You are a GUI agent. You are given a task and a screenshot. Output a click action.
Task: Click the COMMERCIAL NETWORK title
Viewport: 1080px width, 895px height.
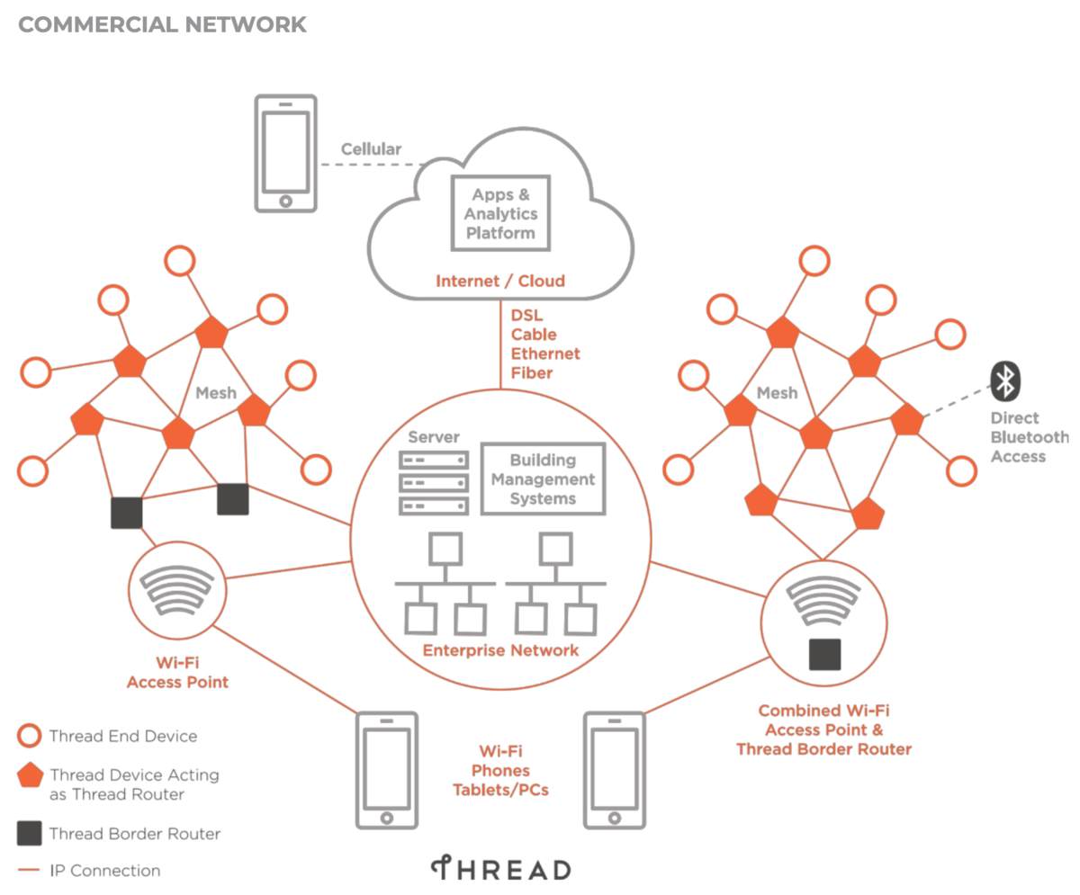pyautogui.click(x=162, y=24)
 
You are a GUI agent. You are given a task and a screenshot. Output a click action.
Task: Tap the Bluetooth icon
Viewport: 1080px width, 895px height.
pyautogui.click(x=1004, y=381)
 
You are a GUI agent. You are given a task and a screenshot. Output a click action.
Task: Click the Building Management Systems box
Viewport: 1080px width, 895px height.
pyautogui.click(x=543, y=478)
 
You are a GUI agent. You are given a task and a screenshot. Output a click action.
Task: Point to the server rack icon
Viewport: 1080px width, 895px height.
pyautogui.click(x=434, y=482)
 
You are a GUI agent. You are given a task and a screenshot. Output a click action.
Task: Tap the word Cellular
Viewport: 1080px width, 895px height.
pyautogui.click(x=371, y=149)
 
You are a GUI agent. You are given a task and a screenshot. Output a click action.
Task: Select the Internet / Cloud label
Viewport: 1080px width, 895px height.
pyautogui.click(x=500, y=281)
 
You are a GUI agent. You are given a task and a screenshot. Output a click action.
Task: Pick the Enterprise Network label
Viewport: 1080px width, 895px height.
pyautogui.click(x=501, y=649)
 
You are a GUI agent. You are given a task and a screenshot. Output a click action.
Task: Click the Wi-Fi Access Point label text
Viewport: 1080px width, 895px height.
pyautogui.click(x=177, y=673)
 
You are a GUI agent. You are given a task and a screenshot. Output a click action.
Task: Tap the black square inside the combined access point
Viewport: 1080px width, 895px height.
pyautogui.click(x=824, y=654)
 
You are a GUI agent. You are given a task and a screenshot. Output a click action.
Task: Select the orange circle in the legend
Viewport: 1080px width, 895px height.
pyautogui.click(x=30, y=736)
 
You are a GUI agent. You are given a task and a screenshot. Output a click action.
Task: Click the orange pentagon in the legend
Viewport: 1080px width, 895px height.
pyautogui.click(x=31, y=775)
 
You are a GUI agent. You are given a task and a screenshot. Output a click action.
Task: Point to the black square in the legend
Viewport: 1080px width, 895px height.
pyautogui.click(x=30, y=833)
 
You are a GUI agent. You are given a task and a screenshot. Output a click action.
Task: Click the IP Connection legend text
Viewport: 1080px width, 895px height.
pyautogui.click(x=105, y=871)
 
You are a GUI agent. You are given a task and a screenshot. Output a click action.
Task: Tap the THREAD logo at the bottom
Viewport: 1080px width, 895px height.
pyautogui.click(x=500, y=870)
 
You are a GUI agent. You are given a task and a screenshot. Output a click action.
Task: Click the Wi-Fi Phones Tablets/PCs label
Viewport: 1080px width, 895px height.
pyautogui.click(x=500, y=771)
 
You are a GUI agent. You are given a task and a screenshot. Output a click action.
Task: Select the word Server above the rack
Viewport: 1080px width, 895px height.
pyautogui.click(x=434, y=437)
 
